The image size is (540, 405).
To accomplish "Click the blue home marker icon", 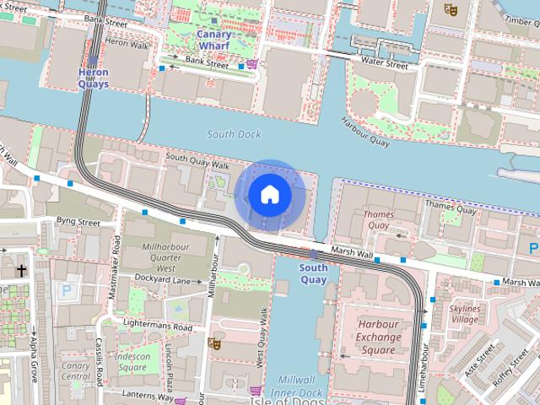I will coord(269,195).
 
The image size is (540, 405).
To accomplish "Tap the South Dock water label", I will coord(234,134).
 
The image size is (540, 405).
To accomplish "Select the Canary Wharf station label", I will coord(214,40).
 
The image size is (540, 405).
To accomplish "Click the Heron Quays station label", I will coord(93,78).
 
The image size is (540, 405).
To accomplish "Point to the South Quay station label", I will coord(313,273).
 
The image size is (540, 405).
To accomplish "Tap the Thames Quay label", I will coord(378,220).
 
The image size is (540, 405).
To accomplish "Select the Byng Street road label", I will coord(78,223).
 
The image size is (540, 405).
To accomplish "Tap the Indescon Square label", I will coord(132,362).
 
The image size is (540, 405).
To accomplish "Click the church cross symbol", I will coord(20,272).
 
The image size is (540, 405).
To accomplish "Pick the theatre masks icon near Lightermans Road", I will coord(214,343).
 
